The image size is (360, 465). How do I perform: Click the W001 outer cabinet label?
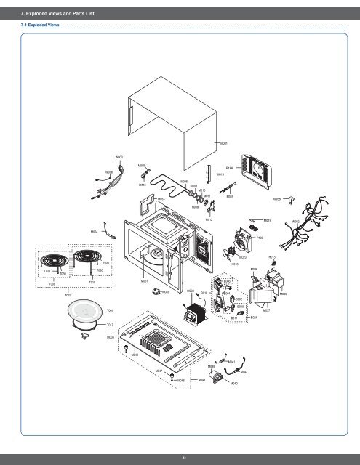(x=224, y=144)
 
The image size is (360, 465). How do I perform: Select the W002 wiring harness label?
(x=296, y=221)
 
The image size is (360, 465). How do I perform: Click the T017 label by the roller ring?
(x=110, y=324)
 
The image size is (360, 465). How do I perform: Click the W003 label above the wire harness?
(x=119, y=157)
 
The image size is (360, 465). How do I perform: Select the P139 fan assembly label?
(x=260, y=238)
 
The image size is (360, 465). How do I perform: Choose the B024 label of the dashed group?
(x=253, y=318)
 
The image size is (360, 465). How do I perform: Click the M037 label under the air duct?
(x=267, y=310)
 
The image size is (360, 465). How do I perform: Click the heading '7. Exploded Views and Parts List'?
(x=58, y=11)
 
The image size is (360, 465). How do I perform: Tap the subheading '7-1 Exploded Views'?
(x=40, y=25)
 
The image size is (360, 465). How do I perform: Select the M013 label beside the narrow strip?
(x=220, y=175)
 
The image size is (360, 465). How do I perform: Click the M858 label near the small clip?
(x=277, y=198)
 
